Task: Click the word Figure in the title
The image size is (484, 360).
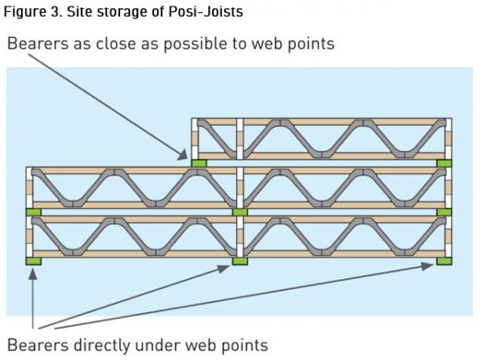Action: (x=26, y=12)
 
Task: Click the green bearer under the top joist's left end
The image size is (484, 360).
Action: (x=199, y=163)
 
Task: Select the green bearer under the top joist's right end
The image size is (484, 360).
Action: (x=444, y=163)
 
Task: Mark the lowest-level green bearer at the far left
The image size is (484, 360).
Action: (x=33, y=262)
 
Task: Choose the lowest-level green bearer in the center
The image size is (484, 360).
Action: (x=240, y=262)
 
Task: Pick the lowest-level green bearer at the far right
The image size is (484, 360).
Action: (x=444, y=262)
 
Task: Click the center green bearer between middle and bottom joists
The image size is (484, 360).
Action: (x=240, y=212)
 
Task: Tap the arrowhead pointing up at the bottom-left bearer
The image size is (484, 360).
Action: (x=33, y=273)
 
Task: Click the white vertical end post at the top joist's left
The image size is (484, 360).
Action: (x=195, y=139)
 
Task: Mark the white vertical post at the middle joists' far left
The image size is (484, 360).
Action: (x=30, y=187)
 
